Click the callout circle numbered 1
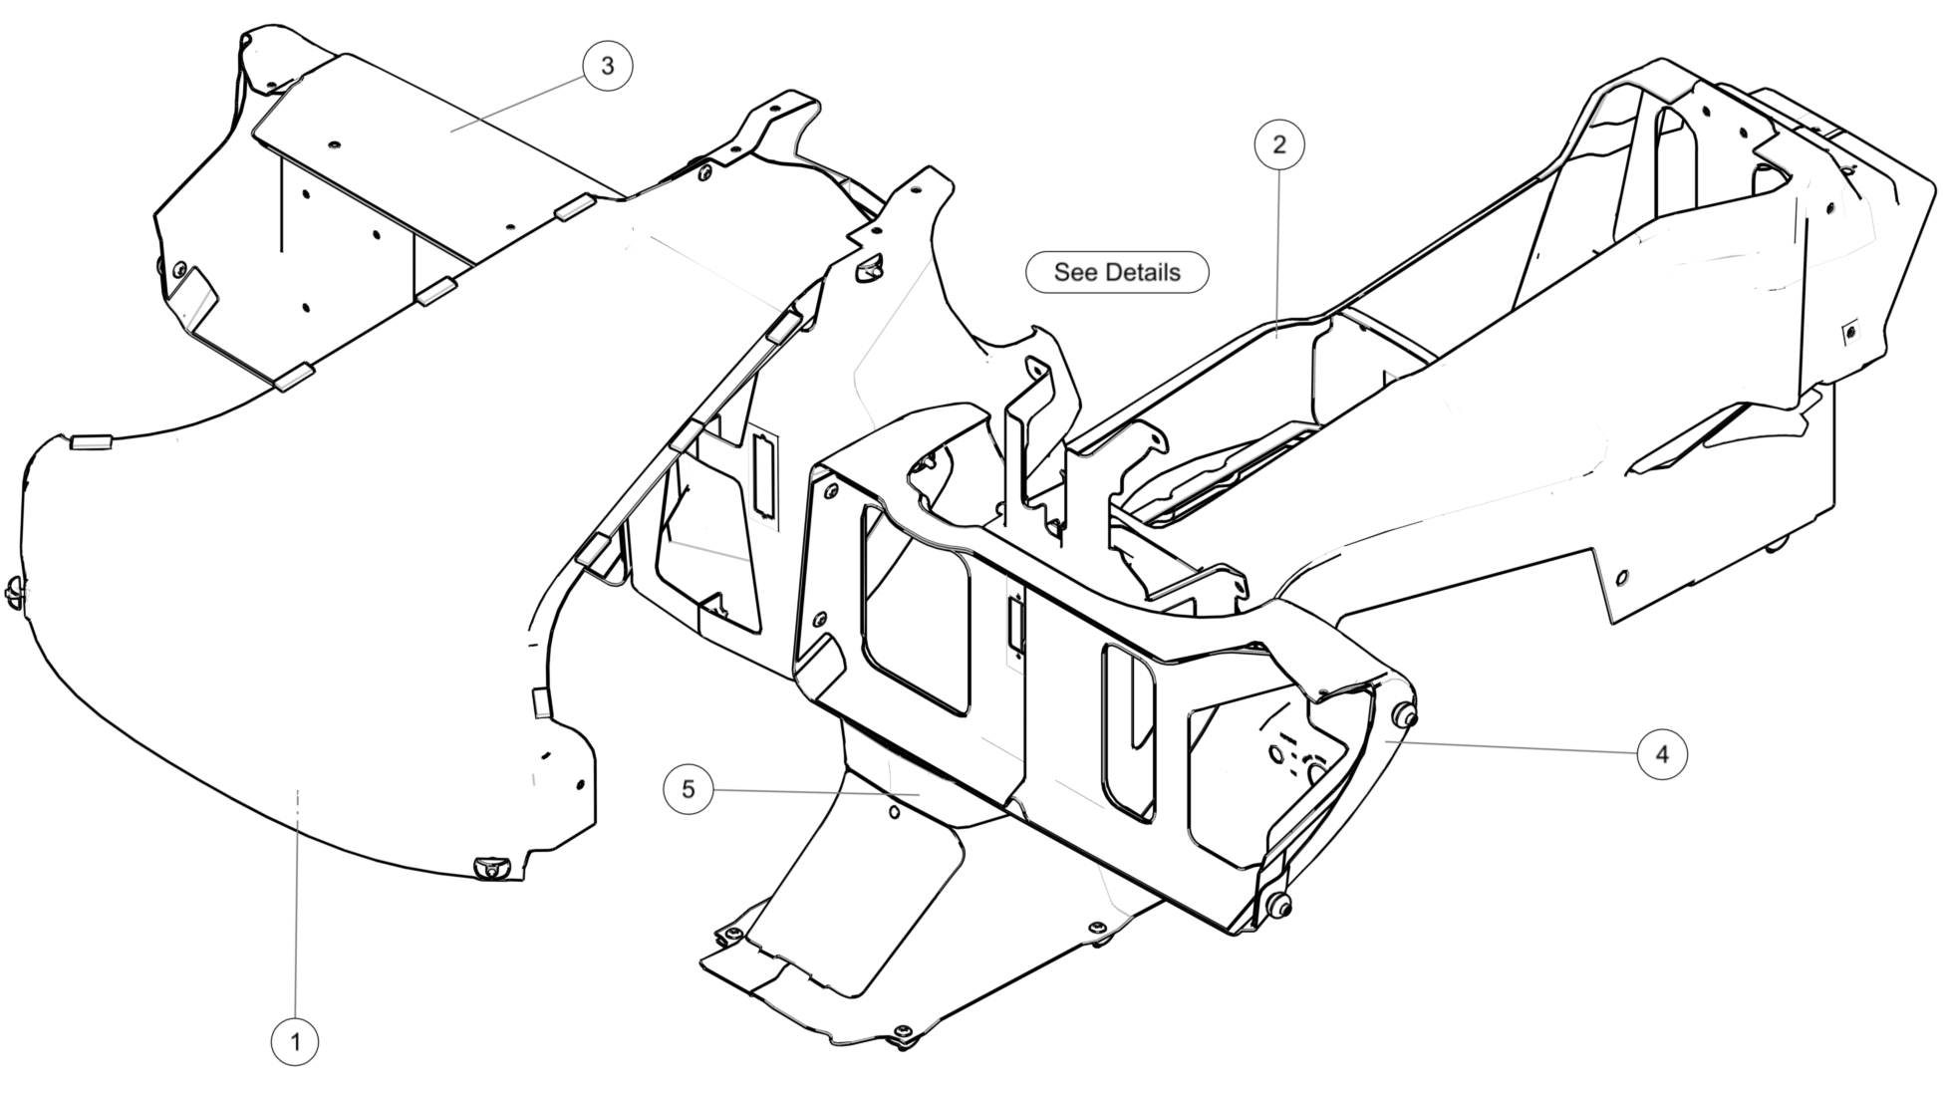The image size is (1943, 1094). click(295, 1042)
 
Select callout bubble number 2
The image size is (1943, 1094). click(1278, 144)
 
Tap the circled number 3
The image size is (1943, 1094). click(607, 66)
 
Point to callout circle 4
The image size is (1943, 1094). click(1661, 754)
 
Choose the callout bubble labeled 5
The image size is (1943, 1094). click(689, 790)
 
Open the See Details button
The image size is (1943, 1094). click(1117, 272)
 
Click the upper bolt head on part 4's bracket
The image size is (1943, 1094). click(1405, 715)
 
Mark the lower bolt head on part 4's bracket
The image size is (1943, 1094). click(1279, 906)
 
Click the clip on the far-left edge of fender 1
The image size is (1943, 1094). click(15, 591)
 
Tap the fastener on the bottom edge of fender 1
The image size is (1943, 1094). click(491, 868)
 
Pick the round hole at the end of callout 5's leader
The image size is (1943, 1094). click(894, 813)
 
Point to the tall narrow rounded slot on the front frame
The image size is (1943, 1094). click(1128, 732)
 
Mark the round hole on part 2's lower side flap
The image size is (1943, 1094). click(1621, 578)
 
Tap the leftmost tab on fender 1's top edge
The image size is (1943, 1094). click(91, 443)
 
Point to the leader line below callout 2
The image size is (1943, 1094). click(1278, 249)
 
